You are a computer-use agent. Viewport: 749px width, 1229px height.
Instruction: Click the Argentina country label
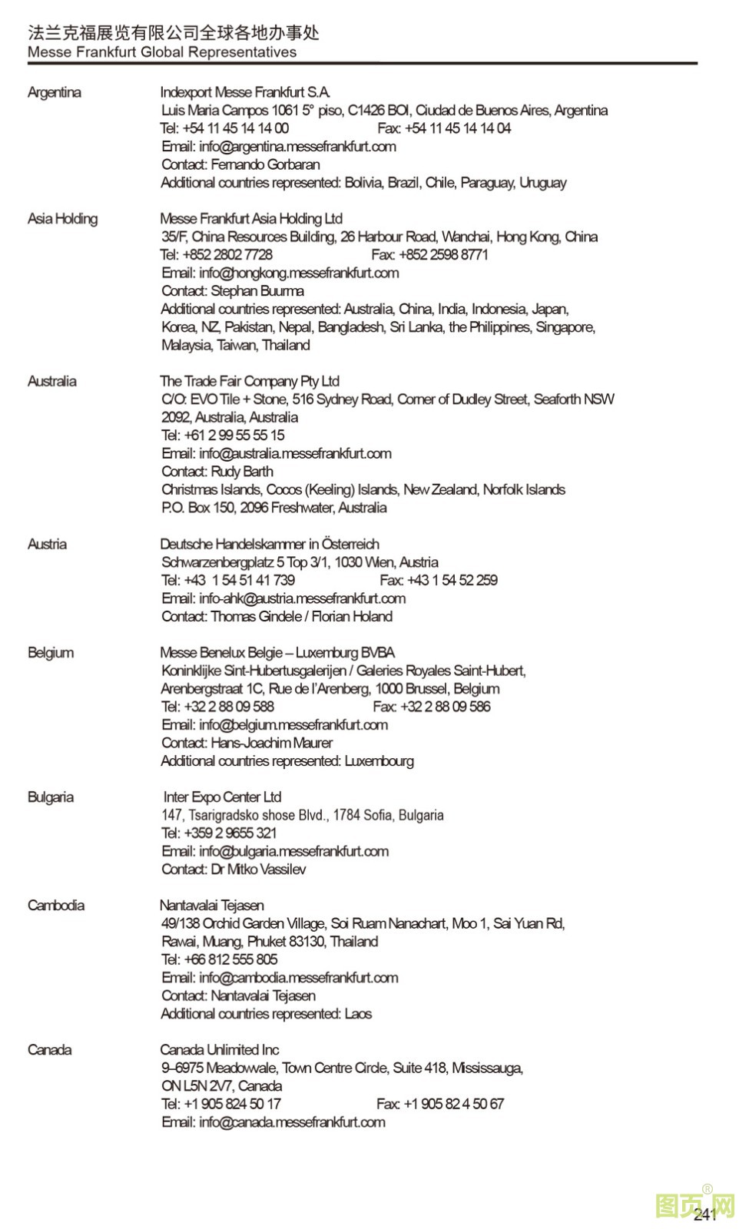(x=55, y=92)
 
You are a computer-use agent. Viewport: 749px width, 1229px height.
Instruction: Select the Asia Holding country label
(x=63, y=219)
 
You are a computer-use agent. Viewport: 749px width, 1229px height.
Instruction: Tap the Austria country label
(x=48, y=545)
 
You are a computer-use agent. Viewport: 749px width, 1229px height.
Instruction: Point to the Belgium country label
(x=51, y=653)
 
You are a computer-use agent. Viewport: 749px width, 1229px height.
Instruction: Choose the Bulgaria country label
(x=51, y=797)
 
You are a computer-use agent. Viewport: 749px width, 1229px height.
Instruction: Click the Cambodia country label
(x=56, y=906)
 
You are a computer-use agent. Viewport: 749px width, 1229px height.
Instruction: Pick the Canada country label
(x=50, y=1050)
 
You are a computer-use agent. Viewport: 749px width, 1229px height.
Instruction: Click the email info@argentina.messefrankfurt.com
(x=297, y=147)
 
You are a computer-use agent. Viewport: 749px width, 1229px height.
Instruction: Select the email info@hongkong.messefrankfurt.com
(x=298, y=273)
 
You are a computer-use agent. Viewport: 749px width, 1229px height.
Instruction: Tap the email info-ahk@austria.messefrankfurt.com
(x=302, y=598)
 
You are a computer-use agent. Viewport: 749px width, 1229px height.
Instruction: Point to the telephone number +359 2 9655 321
(x=230, y=833)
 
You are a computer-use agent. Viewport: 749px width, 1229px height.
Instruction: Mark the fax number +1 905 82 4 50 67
(x=453, y=1104)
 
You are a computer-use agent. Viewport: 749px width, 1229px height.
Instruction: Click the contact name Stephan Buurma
(x=257, y=291)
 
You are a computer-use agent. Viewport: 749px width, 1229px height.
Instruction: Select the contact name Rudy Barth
(x=242, y=472)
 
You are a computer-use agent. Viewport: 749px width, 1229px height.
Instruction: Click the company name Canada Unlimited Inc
(x=220, y=1050)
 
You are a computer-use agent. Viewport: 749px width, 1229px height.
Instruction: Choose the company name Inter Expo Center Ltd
(x=222, y=797)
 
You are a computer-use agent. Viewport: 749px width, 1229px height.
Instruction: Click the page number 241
(x=704, y=1214)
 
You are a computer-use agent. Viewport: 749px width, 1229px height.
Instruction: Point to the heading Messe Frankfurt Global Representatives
(x=162, y=52)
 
